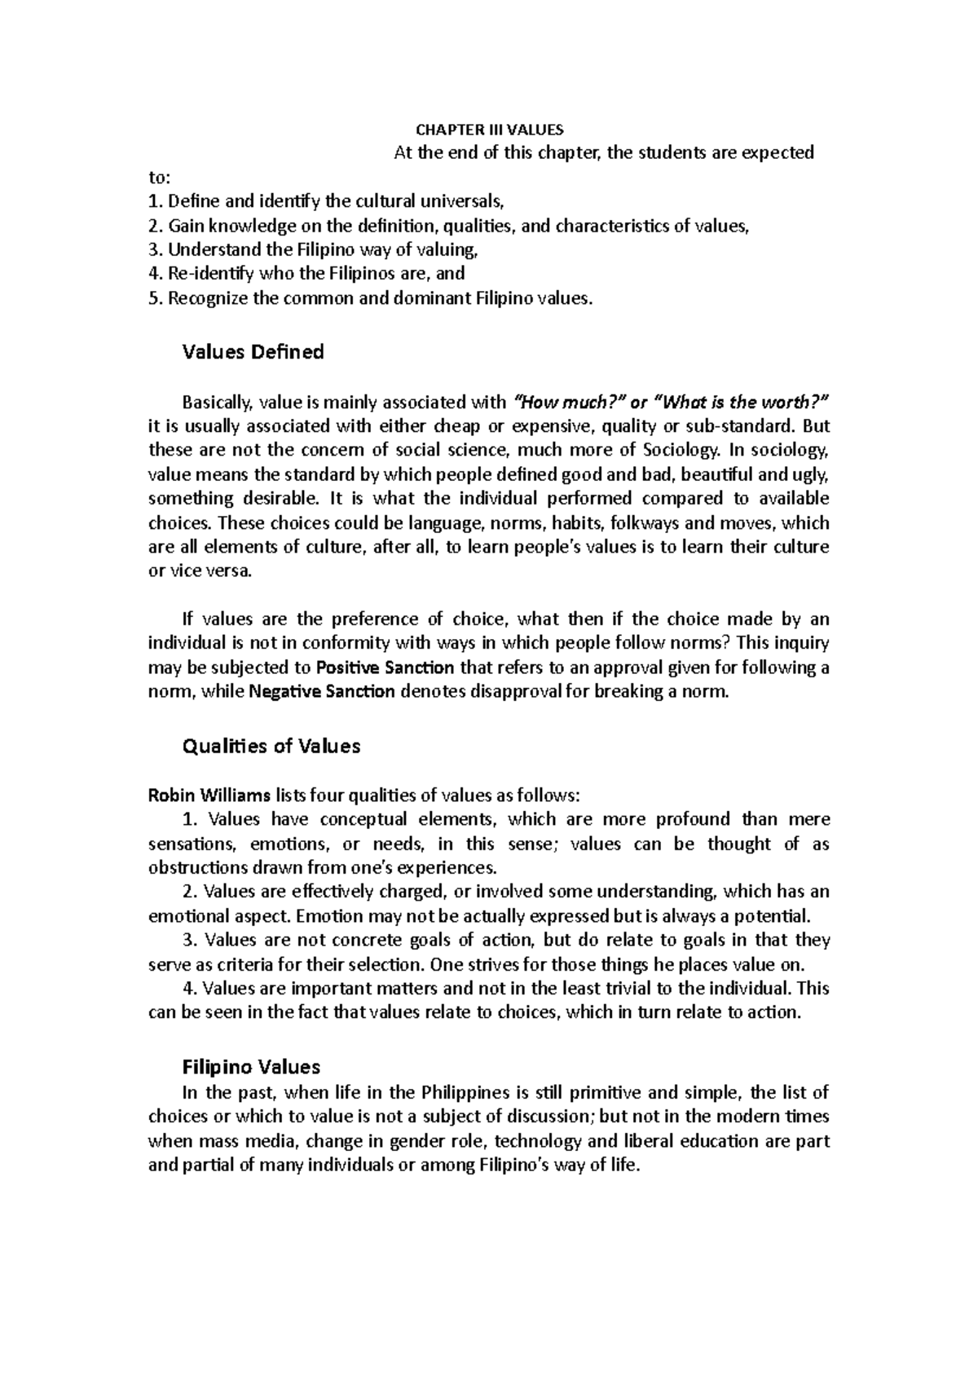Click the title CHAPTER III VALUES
(489, 130)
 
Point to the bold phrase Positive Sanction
(385, 668)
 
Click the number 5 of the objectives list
(152, 298)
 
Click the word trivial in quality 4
(627, 989)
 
